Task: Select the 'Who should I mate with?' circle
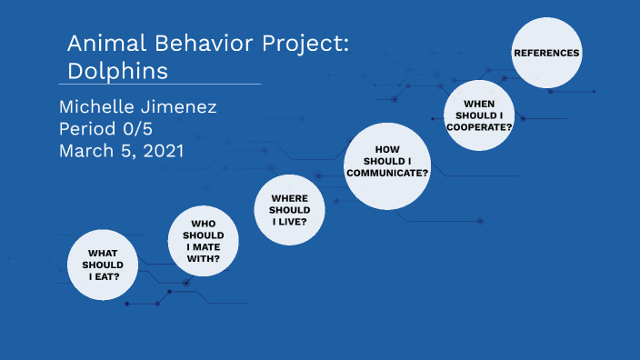point(203,241)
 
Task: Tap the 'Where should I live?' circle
point(290,210)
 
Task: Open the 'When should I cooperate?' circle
point(479,115)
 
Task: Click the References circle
point(546,53)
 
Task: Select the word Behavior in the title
point(199,45)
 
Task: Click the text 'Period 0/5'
point(112,129)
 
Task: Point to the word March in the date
point(85,151)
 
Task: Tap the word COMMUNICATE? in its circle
point(387,172)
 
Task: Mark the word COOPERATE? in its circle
point(479,127)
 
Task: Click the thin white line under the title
point(164,84)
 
